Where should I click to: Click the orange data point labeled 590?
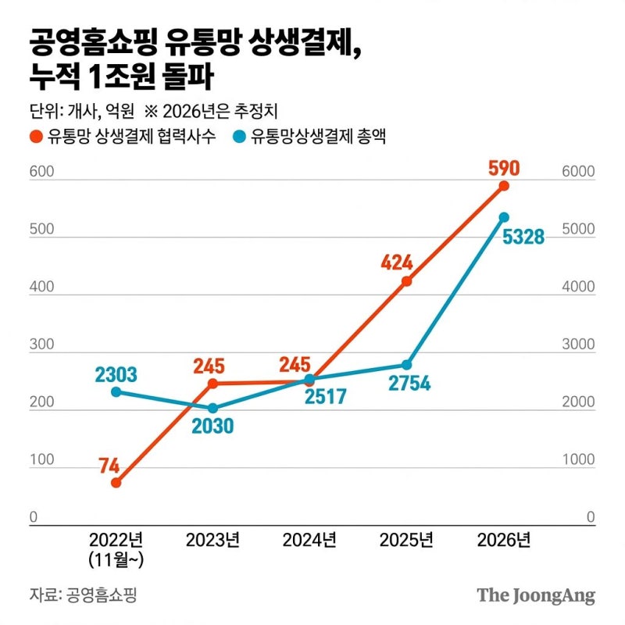tap(504, 185)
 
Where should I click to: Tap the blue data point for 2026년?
tap(504, 217)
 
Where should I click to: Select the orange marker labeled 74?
tap(116, 483)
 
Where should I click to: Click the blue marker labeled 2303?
tap(116, 391)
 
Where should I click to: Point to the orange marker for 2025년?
tap(407, 281)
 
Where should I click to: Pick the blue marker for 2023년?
tap(212, 408)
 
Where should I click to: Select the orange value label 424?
tap(397, 262)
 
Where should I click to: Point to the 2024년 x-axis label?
tap(309, 540)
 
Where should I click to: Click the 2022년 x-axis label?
tap(116, 540)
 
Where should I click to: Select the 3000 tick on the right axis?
tap(580, 345)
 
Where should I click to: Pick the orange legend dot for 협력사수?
tap(35, 137)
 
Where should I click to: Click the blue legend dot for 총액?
tap(238, 137)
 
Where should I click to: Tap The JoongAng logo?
tap(536, 595)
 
